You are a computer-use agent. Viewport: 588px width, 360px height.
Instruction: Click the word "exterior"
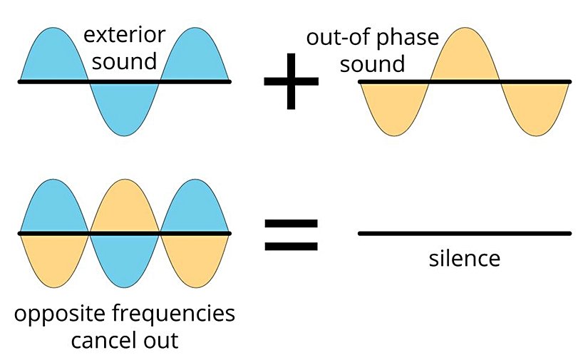[125, 35]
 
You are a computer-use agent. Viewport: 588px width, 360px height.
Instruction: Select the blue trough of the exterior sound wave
[125, 107]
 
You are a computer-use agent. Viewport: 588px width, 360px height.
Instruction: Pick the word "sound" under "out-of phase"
[372, 64]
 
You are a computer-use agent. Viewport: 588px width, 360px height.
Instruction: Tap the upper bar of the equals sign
[290, 222]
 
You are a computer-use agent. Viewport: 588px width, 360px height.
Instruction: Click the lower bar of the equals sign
[290, 247]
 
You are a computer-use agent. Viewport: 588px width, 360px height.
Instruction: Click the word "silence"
[465, 257]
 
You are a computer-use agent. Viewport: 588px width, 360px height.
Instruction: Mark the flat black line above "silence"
[465, 233]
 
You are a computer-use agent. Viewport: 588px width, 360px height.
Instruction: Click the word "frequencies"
[176, 314]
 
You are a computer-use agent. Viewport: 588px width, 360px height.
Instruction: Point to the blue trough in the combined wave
[125, 257]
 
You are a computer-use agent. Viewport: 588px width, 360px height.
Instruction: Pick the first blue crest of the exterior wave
[54, 57]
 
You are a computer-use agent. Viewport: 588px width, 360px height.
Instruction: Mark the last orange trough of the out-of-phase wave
[535, 107]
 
